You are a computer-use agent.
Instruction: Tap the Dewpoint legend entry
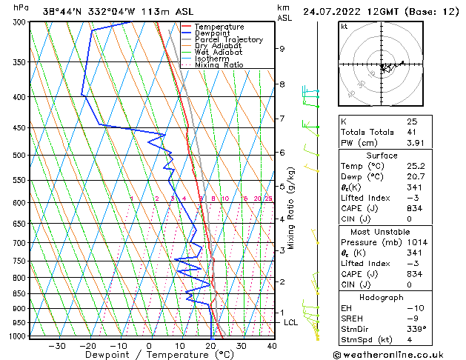tap(212, 33)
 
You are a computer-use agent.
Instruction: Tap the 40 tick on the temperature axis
tap(272, 345)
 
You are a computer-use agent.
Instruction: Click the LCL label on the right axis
tap(290, 322)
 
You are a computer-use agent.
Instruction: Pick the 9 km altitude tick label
tap(282, 49)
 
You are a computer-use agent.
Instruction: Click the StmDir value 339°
tap(416, 329)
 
